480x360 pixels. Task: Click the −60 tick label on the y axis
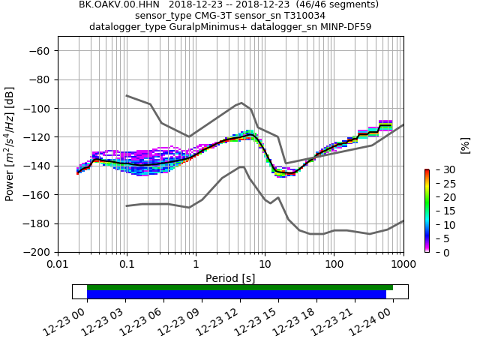39,50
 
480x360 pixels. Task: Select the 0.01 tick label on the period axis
58,264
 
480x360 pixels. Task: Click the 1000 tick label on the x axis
403,264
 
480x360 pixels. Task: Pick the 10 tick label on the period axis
265,264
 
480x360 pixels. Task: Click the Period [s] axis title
230,277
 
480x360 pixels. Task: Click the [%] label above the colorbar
464,145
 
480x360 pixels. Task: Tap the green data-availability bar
240,287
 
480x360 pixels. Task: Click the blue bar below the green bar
236,295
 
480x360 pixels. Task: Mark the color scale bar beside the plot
427,211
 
